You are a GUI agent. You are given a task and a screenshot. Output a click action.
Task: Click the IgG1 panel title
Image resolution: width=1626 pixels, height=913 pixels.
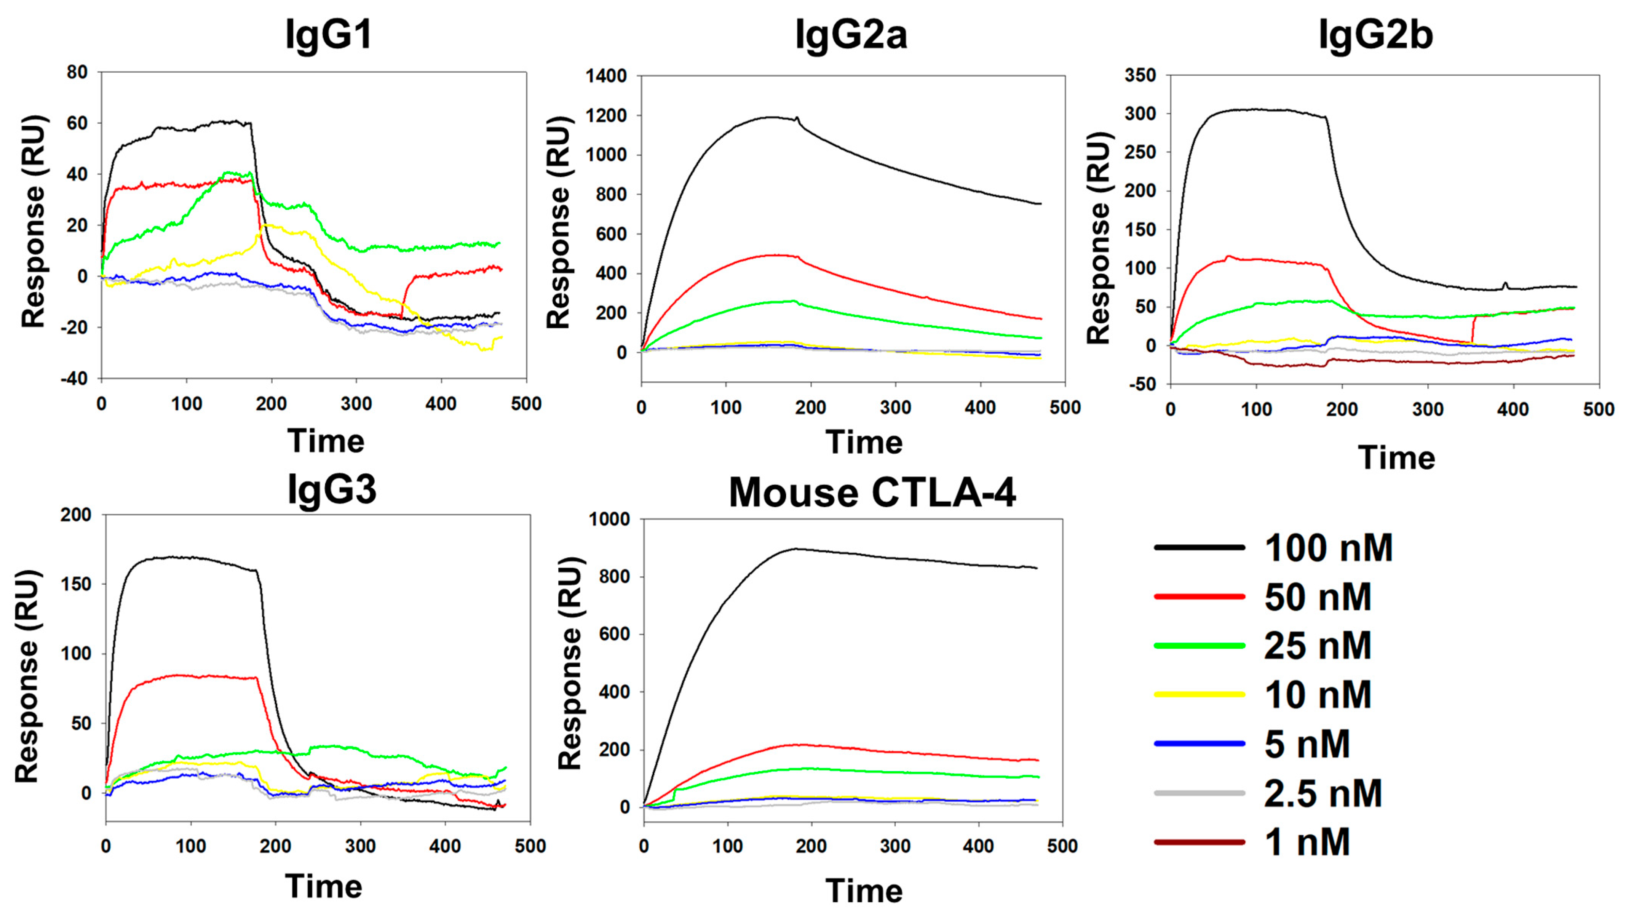(x=329, y=35)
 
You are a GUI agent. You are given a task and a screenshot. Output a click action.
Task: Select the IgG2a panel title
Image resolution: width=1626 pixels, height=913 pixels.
(x=851, y=35)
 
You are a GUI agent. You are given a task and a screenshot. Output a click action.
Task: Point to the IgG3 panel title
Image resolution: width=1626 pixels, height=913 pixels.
(x=332, y=489)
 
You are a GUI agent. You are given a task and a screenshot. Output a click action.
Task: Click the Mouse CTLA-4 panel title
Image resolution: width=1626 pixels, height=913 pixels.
(x=872, y=492)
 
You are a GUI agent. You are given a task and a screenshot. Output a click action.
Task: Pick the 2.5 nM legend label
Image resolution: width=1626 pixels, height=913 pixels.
(x=1323, y=793)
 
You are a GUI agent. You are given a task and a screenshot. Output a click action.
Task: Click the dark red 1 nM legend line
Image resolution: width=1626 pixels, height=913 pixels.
(x=1199, y=842)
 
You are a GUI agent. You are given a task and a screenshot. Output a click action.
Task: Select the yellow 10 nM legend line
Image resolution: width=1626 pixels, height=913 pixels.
(x=1199, y=694)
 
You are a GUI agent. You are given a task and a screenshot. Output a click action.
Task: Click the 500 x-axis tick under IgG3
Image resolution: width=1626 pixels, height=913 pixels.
(x=530, y=846)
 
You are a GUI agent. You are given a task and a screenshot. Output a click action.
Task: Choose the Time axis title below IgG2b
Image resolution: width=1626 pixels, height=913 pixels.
(x=1396, y=458)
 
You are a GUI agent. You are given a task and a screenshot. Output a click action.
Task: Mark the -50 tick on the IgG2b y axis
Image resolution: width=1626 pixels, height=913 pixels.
(x=1140, y=385)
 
